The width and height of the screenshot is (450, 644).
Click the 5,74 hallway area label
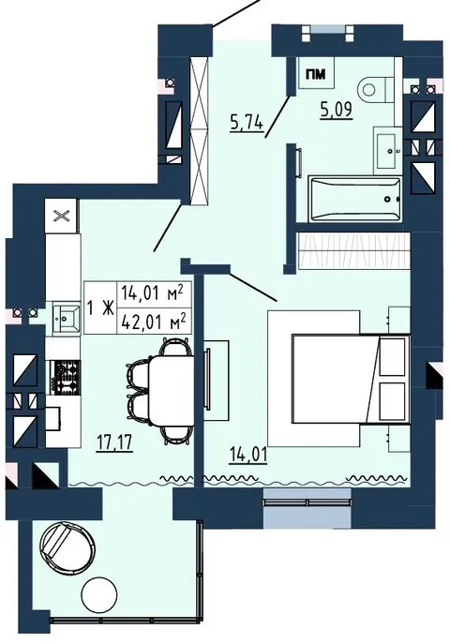[247, 123]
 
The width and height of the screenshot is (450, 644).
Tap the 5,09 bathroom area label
[337, 111]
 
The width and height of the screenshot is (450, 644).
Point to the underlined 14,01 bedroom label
[248, 455]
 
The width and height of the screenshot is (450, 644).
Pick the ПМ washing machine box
[316, 73]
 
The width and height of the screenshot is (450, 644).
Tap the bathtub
[354, 199]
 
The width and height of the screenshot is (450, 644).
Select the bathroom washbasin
[387, 150]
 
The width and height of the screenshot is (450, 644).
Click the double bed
[351, 379]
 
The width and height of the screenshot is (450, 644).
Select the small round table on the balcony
[99, 594]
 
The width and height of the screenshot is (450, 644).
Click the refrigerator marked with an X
[61, 216]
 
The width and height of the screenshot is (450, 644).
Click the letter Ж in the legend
[108, 307]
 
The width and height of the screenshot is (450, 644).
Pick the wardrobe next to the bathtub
[354, 250]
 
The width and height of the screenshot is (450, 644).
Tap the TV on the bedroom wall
[208, 379]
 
